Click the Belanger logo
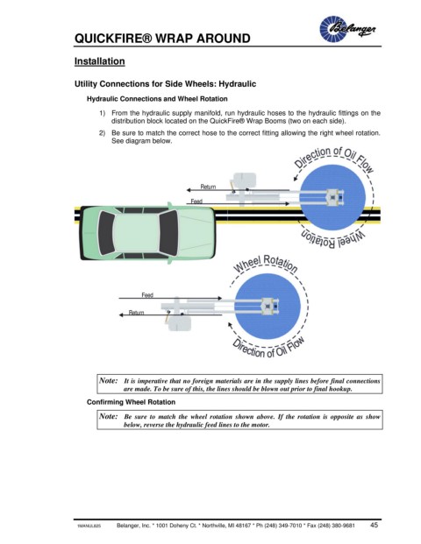(347, 29)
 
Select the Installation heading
(100, 61)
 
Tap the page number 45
(374, 525)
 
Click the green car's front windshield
(168, 232)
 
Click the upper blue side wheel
(332, 197)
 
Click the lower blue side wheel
(268, 307)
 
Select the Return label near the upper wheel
(208, 187)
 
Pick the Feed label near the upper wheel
(196, 201)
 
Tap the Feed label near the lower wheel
(147, 295)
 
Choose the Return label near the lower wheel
(136, 312)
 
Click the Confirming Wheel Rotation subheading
(131, 402)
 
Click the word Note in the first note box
(109, 380)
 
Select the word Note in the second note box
(109, 416)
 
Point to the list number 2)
(102, 133)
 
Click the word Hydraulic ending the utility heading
(237, 84)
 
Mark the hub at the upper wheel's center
(332, 197)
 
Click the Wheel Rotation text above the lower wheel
(266, 264)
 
